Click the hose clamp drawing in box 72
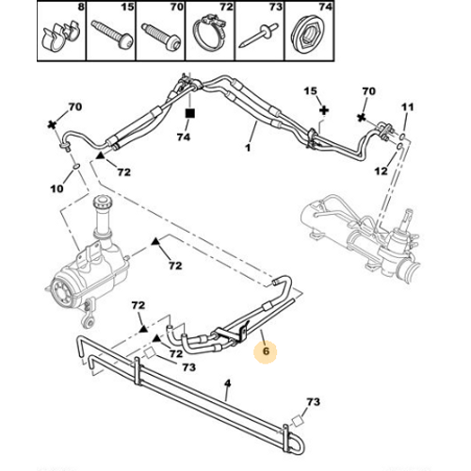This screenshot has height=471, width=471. click(x=209, y=33)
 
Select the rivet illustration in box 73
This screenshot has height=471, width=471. click(x=258, y=35)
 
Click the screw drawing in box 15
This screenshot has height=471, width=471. click(x=112, y=35)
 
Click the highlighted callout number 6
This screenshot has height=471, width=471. click(x=266, y=350)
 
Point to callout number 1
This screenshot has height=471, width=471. click(x=248, y=147)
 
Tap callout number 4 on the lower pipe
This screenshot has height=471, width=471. click(x=228, y=383)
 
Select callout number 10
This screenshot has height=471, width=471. click(x=57, y=188)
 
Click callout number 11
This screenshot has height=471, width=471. click(x=408, y=107)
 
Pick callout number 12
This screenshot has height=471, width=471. click(x=382, y=171)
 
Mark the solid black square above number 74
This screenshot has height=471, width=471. click(x=190, y=113)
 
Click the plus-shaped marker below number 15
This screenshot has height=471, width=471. click(x=324, y=110)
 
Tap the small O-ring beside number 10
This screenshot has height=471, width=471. click(x=75, y=166)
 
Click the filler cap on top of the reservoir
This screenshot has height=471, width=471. click(x=102, y=201)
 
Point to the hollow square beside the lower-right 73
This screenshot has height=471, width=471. click(x=297, y=420)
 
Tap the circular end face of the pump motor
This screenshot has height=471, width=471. click(x=61, y=292)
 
